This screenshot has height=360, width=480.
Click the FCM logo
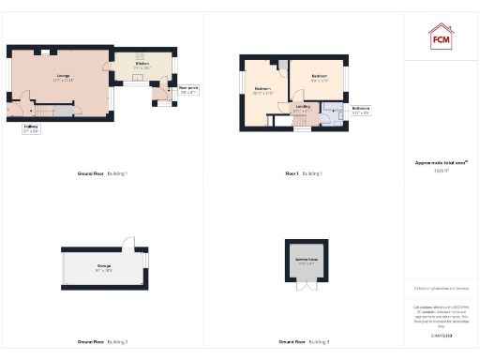click(x=440, y=37)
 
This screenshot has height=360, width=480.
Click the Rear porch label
click(x=162, y=89)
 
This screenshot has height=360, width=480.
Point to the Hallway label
click(x=31, y=128)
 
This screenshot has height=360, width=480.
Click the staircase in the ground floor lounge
click(x=61, y=112)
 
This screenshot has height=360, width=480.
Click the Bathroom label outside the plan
click(x=361, y=109)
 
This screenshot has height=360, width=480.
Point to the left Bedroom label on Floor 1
click(x=263, y=89)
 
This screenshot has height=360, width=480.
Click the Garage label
click(x=102, y=267)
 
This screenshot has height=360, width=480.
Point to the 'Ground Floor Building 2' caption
click(x=102, y=341)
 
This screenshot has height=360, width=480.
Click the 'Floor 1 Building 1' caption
click(x=304, y=173)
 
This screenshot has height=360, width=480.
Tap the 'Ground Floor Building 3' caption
click(x=304, y=341)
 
